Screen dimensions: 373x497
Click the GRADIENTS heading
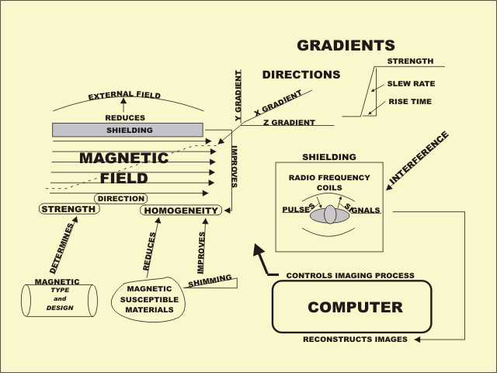pyautogui.click(x=346, y=46)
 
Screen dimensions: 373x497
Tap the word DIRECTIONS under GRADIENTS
pyautogui.click(x=301, y=75)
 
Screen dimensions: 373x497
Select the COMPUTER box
pyautogui.click(x=351, y=307)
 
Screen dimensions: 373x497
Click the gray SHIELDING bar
pyautogui.click(x=127, y=130)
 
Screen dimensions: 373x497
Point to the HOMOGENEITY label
pyautogui.click(x=181, y=210)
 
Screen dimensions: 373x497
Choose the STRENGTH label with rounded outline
pyautogui.click(x=68, y=209)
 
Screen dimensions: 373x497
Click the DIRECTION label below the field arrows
pyautogui.click(x=120, y=198)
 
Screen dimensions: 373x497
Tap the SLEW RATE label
pyautogui.click(x=411, y=84)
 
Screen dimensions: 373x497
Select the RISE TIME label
pyautogui.click(x=410, y=101)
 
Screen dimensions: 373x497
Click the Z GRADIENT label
pyautogui.click(x=289, y=122)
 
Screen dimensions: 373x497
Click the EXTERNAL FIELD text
pyautogui.click(x=124, y=95)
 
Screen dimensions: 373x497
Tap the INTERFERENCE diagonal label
pyautogui.click(x=419, y=158)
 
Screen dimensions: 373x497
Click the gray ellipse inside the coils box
pyautogui.click(x=330, y=214)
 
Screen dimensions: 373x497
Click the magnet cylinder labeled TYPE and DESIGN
pyautogui.click(x=59, y=300)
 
